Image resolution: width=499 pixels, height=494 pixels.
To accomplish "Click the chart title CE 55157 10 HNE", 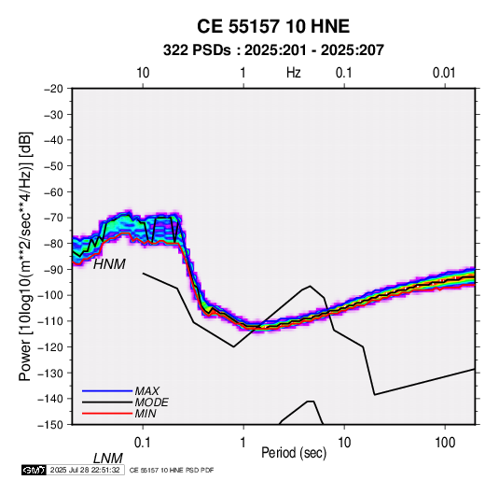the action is [273, 26].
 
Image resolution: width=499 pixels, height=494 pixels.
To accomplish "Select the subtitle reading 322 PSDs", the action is [197, 50].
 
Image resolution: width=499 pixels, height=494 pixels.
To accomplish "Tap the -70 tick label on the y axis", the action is [53, 218].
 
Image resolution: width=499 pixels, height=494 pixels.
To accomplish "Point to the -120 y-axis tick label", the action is [50, 347].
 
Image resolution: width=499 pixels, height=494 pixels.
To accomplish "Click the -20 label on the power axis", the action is [53, 89].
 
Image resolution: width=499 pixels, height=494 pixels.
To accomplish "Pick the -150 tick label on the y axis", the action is [50, 425].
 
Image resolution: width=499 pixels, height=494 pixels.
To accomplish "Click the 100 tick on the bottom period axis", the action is [445, 443].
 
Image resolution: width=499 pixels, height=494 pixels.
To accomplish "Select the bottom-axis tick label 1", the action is [243, 443].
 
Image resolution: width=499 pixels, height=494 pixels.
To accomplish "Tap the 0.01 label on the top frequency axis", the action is [444, 73].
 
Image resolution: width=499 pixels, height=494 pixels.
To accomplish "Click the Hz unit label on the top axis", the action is [294, 73].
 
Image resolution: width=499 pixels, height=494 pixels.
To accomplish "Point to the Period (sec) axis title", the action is [294, 453].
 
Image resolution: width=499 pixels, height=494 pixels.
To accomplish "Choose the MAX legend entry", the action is [146, 391].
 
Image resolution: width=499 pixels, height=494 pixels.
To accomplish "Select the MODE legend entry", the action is [151, 402].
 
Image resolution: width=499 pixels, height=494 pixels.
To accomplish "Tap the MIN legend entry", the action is [146, 414].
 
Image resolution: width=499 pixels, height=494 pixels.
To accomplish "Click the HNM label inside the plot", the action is [109, 264].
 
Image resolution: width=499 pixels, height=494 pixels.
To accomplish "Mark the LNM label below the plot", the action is [108, 459].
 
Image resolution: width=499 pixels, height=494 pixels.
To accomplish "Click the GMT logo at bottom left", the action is [34, 470].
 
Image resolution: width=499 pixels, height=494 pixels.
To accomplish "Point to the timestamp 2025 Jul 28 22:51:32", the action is [85, 470].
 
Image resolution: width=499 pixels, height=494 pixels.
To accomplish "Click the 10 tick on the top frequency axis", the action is [143, 73].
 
